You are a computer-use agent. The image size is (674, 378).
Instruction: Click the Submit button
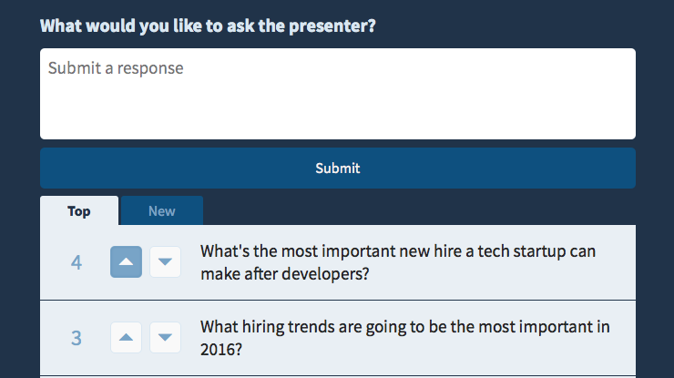(337, 169)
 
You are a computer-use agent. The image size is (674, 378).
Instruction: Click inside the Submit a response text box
(337, 94)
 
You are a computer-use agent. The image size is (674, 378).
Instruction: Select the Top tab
(79, 210)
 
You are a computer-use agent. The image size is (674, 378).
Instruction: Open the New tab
(162, 210)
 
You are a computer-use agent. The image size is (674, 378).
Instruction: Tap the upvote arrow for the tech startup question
(126, 262)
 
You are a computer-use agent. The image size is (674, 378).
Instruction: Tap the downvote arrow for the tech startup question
(165, 262)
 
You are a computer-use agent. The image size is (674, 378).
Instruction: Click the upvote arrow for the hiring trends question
(126, 338)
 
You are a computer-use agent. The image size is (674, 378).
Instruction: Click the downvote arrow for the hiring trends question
(165, 338)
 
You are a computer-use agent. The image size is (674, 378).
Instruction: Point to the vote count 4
(77, 262)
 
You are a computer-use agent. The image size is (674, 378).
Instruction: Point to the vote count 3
(77, 338)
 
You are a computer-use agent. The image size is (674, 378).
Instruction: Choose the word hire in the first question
(447, 251)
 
